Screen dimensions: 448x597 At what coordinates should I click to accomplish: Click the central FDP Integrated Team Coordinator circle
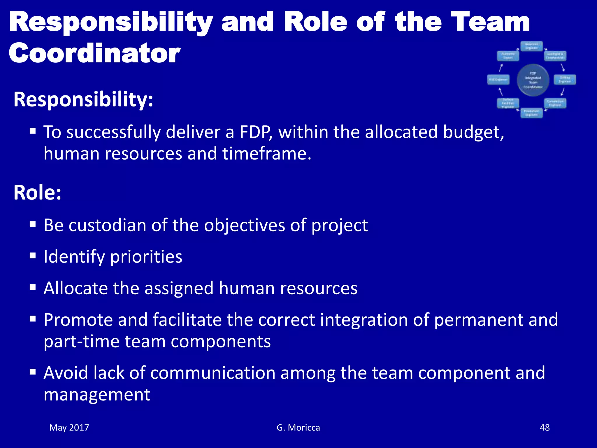tap(533, 80)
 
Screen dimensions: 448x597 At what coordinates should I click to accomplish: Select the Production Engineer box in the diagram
tap(532, 113)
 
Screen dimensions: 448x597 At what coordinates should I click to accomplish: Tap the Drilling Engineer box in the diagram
tap(565, 80)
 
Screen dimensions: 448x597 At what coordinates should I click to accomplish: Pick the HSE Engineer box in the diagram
tap(498, 80)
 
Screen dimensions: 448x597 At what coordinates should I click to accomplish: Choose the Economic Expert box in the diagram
tap(508, 56)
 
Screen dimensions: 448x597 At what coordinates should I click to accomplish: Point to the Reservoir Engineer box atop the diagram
tap(532, 46)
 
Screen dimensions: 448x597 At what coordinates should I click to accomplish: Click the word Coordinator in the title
tap(95, 53)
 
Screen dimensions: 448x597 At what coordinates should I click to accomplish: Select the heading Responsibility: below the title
tap(83, 99)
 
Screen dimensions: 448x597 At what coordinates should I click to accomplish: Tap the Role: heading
tap(37, 192)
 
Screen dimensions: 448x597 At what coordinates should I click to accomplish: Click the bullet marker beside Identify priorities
tap(33, 256)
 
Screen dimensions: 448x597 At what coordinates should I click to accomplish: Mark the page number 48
tap(545, 428)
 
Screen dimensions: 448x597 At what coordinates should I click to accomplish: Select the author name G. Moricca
tap(298, 428)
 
